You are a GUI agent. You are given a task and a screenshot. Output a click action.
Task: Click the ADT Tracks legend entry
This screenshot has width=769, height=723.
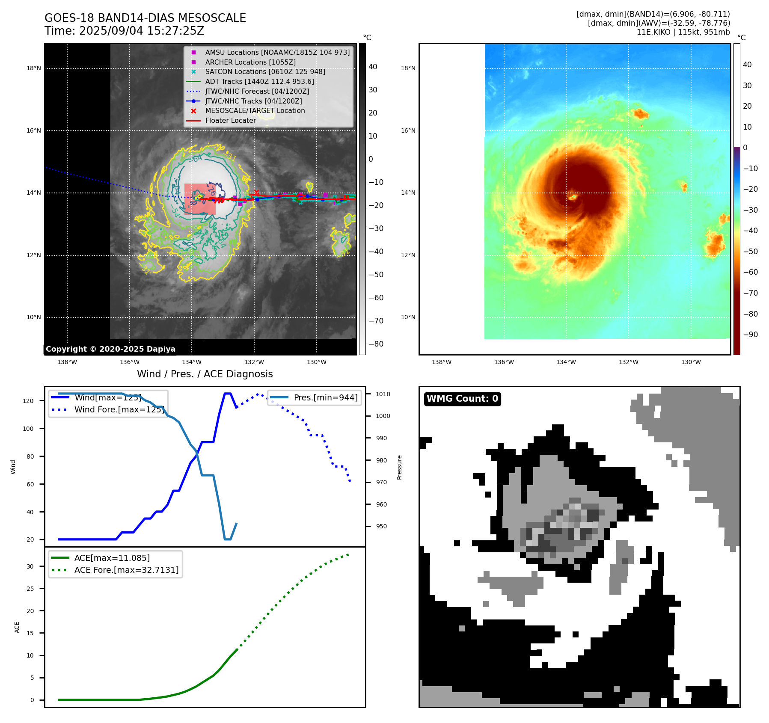click(259, 81)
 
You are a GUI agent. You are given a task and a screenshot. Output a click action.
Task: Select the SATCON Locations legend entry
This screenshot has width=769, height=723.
click(265, 71)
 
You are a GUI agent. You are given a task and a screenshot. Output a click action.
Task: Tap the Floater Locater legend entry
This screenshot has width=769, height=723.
click(230, 120)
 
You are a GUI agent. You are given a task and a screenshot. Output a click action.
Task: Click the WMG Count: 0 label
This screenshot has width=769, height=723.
click(462, 399)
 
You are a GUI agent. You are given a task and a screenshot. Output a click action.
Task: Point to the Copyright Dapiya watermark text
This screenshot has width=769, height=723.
click(110, 349)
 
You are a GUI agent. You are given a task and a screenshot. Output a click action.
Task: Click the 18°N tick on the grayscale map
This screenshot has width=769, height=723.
click(34, 68)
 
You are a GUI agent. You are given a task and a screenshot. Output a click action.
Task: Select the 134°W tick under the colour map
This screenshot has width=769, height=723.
click(566, 362)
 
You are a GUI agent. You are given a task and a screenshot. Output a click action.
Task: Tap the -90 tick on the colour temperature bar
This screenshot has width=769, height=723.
click(750, 335)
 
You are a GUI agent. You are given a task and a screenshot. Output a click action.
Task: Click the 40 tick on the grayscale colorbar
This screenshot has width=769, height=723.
click(373, 67)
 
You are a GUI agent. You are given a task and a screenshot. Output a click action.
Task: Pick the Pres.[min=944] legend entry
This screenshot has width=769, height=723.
click(325, 397)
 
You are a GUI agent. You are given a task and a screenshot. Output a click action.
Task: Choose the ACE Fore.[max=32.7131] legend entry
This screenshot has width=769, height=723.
click(126, 570)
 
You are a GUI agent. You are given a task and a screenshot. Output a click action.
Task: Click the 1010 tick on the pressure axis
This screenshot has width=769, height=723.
click(383, 394)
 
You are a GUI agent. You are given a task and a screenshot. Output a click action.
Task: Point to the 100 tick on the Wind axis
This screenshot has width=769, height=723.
click(28, 429)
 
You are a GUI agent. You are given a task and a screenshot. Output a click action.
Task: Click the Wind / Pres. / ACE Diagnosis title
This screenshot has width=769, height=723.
click(205, 374)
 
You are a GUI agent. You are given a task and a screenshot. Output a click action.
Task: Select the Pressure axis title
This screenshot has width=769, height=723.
click(399, 467)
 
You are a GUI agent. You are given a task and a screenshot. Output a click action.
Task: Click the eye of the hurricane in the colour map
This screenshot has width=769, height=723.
click(573, 197)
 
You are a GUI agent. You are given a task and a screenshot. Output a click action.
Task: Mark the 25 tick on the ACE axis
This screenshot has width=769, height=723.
click(30, 589)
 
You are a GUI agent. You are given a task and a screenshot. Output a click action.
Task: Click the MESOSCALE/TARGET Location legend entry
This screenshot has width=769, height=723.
click(255, 110)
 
